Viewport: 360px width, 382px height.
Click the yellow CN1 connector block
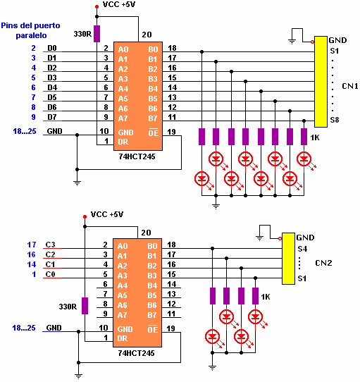click(321, 82)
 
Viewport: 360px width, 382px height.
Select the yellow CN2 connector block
click(288, 259)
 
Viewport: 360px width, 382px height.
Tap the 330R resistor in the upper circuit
click(97, 34)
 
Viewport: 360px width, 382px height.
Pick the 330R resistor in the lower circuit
click(85, 306)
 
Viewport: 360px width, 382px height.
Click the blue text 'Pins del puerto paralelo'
click(31, 30)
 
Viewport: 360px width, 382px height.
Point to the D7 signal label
click(52, 117)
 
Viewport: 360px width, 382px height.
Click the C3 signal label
click(51, 245)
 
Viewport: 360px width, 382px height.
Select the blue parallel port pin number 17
click(32, 245)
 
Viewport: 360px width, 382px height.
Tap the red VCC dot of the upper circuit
click(97, 7)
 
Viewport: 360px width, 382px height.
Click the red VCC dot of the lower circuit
click(85, 216)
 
